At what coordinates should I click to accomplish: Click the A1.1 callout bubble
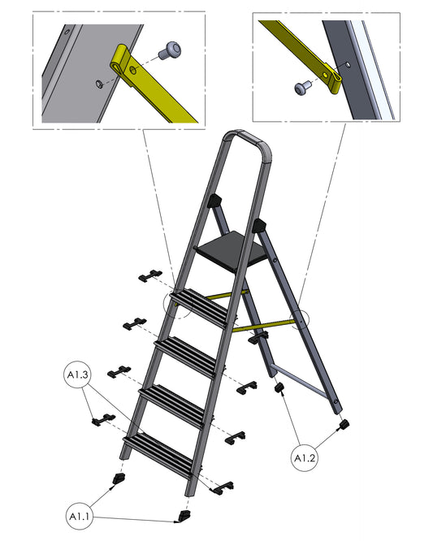pos(80,516)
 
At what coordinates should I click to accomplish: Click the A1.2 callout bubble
pos(305,458)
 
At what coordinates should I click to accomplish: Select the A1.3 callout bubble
pos(78,374)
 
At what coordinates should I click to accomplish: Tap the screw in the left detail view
pos(170,50)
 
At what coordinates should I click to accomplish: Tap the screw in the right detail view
pos(303,87)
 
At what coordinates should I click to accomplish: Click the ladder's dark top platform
pos(231,249)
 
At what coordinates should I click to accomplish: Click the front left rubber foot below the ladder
pos(119,478)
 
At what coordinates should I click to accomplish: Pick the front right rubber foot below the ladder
pos(184,516)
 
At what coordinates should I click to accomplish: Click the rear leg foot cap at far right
pos(344,424)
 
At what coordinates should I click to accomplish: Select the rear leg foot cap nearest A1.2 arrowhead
pos(279,387)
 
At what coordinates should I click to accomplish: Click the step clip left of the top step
pos(150,276)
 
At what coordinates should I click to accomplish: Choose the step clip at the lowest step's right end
pos(221,488)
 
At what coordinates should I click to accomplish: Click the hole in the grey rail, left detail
pos(99,84)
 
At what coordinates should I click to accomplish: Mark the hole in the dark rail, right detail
pos(348,64)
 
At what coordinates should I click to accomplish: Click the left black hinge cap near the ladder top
pos(214,201)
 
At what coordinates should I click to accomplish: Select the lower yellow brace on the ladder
pos(263,326)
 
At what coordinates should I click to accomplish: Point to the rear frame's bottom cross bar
pos(300,379)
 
